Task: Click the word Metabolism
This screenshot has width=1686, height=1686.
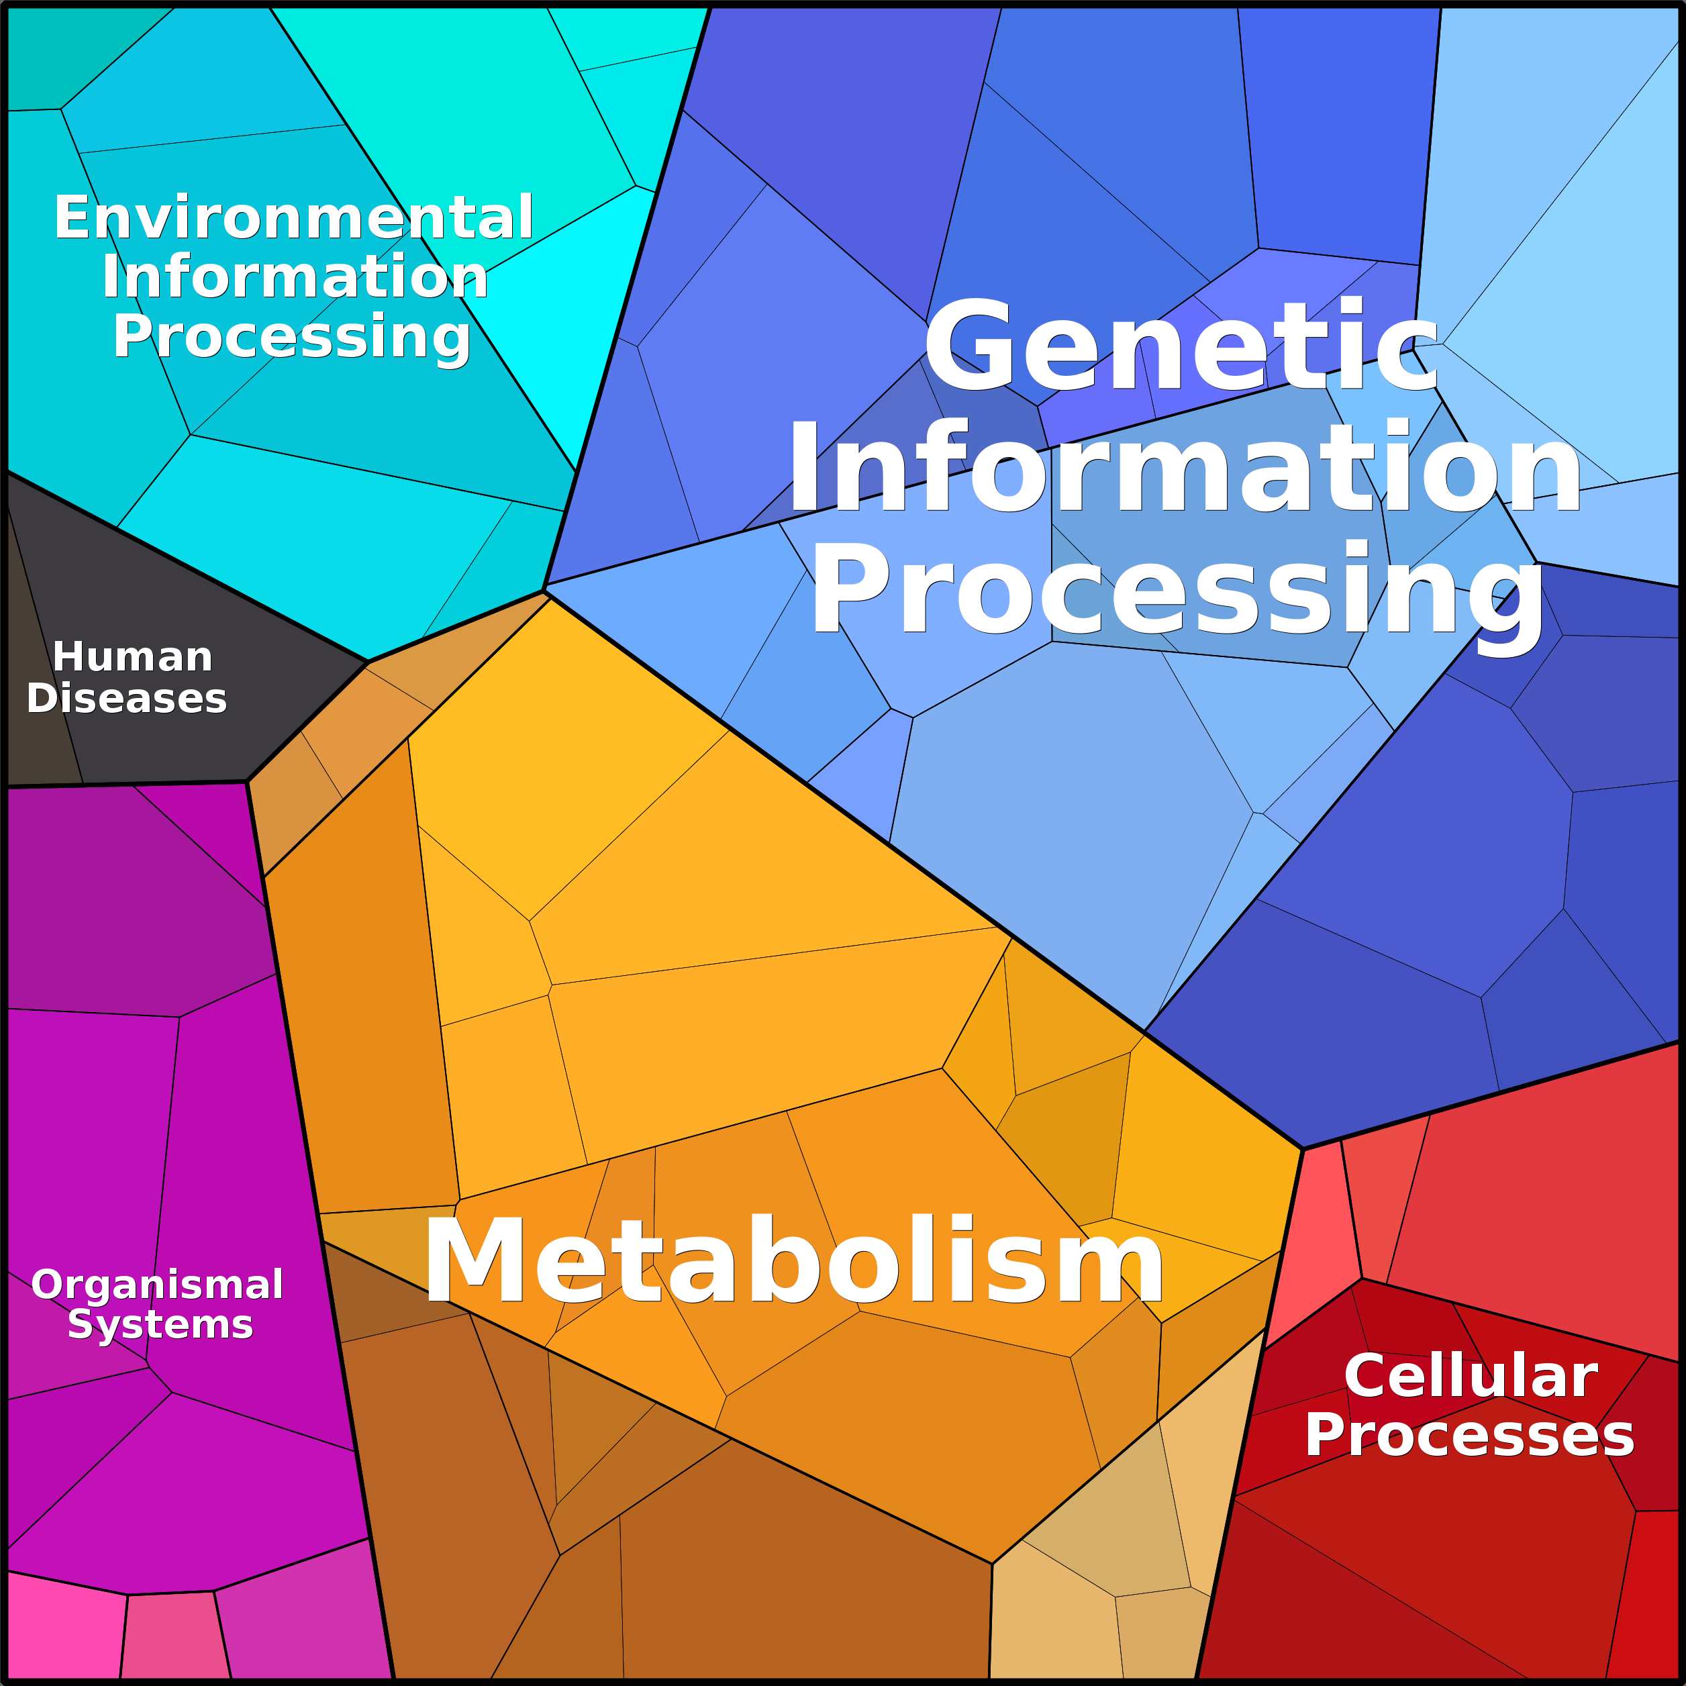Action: coord(794,1261)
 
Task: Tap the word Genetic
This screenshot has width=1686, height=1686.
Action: coord(1181,346)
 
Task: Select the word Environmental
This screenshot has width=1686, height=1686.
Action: coord(293,217)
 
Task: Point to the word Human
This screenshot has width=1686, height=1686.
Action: coord(133,657)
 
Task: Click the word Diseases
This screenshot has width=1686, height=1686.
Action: coord(128,699)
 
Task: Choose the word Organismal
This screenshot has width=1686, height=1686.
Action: coord(157,1285)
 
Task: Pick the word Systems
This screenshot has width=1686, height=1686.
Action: coord(160,1326)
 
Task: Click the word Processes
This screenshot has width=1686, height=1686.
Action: coord(1470,1436)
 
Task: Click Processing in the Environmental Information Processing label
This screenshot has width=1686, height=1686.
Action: coord(291,337)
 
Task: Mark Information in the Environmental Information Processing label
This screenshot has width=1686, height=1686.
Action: coord(295,277)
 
